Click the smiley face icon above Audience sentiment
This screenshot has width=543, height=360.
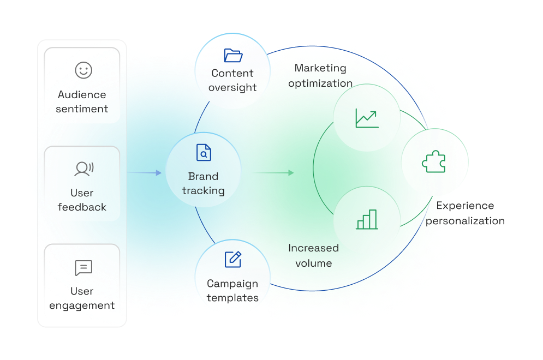pos(83,70)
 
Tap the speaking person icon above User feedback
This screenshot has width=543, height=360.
pos(83,169)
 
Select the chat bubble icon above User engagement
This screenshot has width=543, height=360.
pos(83,268)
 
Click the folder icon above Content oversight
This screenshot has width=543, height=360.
pos(233,55)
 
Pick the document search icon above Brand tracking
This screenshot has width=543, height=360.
pos(204,153)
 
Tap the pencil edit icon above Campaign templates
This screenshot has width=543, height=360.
pos(233,260)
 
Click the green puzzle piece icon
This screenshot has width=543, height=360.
pos(434,162)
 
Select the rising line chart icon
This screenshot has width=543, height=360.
pos(367,118)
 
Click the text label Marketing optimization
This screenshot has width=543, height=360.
pos(320,76)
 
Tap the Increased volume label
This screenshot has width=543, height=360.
pos(313,255)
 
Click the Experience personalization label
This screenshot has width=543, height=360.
pos(465,213)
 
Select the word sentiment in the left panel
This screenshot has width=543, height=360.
pos(82,109)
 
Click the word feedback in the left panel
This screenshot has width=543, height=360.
pos(82,207)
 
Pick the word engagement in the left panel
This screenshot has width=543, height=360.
pos(82,305)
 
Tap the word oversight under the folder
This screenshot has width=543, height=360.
pos(232,87)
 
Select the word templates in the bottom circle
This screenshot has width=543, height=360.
pos(232,298)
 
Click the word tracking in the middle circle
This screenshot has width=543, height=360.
pos(203,191)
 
